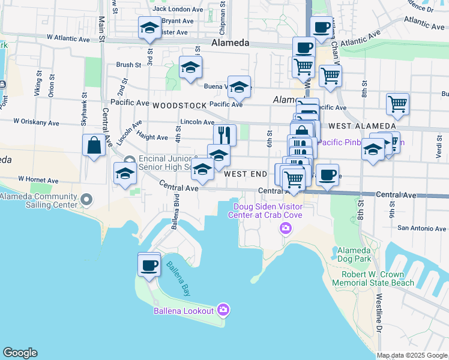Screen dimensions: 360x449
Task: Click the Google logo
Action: [x=20, y=353]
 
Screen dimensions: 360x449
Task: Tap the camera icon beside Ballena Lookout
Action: [x=223, y=310]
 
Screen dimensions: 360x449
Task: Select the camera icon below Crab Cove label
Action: [x=285, y=228]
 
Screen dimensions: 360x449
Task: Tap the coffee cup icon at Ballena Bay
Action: [x=149, y=265]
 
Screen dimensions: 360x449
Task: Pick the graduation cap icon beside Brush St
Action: [x=190, y=68]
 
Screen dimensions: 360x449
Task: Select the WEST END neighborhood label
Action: [x=245, y=174]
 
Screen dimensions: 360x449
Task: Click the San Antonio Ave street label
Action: [x=423, y=228]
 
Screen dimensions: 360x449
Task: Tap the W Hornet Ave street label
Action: [x=38, y=179]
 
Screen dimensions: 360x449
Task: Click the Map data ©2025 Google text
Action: [x=411, y=355]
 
